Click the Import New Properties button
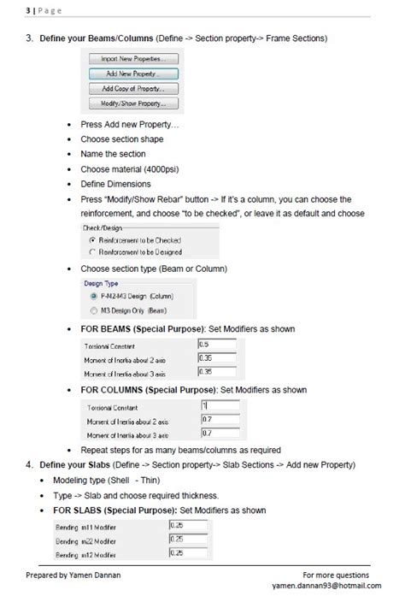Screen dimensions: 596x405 pyautogui.click(x=135, y=59)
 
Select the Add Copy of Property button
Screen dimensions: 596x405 pyautogui.click(x=135, y=89)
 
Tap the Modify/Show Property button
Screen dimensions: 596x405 pyautogui.click(x=135, y=103)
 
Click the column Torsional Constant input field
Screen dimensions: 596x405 pyautogui.click(x=218, y=406)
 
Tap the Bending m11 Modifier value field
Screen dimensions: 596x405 pyautogui.click(x=191, y=525)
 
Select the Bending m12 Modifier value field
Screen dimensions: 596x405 pyautogui.click(x=191, y=553)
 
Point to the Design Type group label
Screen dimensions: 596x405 pyautogui.click(x=101, y=283)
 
